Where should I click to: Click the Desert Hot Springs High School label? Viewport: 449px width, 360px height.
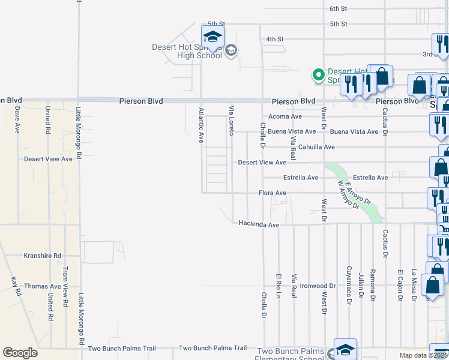[188, 52]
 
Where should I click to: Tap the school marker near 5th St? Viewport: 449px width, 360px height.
[212, 37]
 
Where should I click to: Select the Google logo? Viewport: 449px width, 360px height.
[20, 353]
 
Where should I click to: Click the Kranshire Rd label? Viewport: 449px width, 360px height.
[43, 256]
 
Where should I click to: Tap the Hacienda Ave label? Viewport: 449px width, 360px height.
[259, 224]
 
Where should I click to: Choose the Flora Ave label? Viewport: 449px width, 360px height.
[272, 193]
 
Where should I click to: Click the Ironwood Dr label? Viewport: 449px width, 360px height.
[318, 286]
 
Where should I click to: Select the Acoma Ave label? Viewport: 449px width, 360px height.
[285, 116]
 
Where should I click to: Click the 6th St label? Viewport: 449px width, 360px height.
[339, 8]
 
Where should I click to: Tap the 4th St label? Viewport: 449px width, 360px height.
[274, 40]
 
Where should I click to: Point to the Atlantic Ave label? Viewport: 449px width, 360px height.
[201, 125]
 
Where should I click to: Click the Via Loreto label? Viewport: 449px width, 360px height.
[231, 120]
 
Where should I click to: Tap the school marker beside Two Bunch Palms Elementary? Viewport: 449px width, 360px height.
[345, 350]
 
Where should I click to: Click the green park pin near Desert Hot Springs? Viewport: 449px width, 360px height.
[318, 75]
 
